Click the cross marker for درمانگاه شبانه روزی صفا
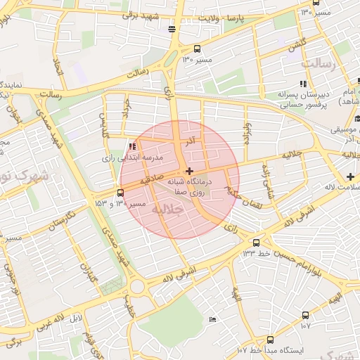tap(188, 171)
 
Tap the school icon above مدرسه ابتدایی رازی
tap(131, 146)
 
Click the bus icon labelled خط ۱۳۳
tap(256, 243)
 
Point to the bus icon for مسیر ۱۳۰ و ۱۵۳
tap(121, 193)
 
